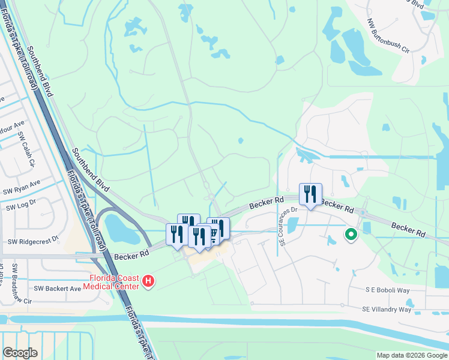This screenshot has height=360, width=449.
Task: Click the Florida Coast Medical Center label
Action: (x=114, y=281)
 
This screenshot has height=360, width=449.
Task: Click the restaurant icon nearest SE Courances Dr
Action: (x=310, y=194)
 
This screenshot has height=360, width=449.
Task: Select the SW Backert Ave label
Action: (x=57, y=288)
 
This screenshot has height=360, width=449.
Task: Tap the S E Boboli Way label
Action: (x=387, y=289)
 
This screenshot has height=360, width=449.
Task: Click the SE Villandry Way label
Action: (x=387, y=309)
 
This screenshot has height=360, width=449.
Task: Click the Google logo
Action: (x=20, y=352)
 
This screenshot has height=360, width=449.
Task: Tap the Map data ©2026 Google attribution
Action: (x=412, y=355)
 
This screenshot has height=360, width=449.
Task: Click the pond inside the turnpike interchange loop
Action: (x=120, y=226)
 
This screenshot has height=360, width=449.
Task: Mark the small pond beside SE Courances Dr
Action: (x=293, y=226)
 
